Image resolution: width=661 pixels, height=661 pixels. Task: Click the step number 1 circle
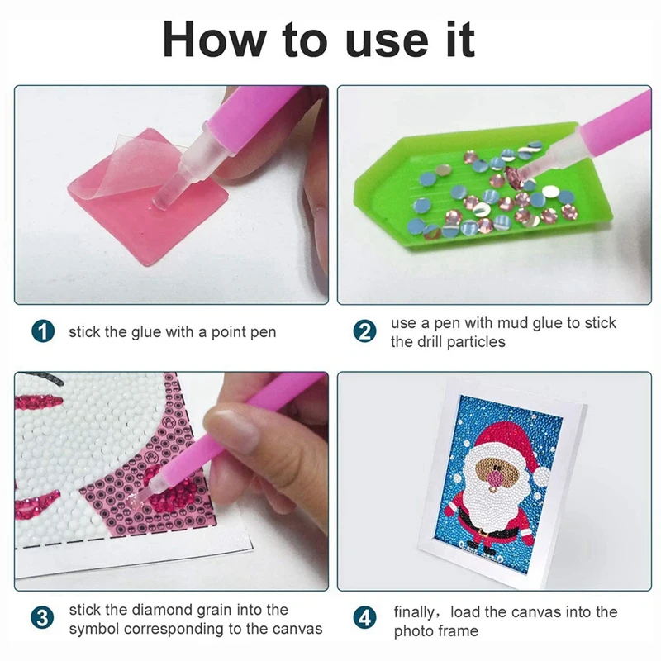(43, 332)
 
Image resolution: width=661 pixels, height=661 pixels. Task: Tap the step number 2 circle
(364, 332)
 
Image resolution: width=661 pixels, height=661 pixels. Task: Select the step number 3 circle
(43, 619)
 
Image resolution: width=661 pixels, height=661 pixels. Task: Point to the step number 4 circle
(364, 619)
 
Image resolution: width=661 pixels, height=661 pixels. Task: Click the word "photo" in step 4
(412, 630)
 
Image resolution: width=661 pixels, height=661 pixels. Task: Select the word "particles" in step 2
(474, 341)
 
